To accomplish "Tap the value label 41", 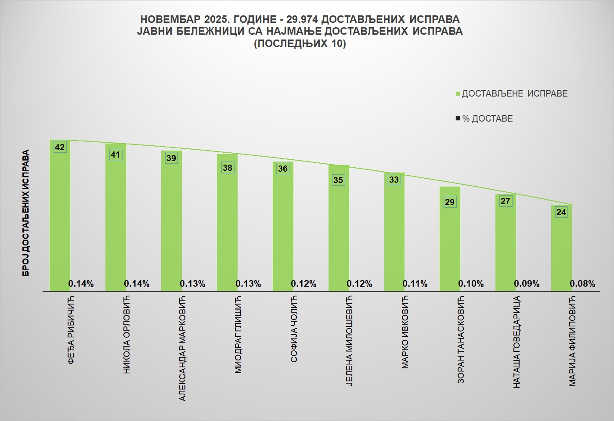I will pos(115,155).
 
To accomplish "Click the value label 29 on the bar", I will pos(450,202).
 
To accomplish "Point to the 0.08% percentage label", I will pos(582,284).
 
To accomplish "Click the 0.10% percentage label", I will pos(471,284).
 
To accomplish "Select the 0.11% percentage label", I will pos(415,284).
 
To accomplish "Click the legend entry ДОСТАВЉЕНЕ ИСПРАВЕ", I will pos(514,94).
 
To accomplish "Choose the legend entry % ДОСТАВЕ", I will pos(487,119).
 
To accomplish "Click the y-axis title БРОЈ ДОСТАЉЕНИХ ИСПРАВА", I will pos(26,213).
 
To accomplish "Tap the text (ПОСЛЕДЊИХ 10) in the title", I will pos(300,43).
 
